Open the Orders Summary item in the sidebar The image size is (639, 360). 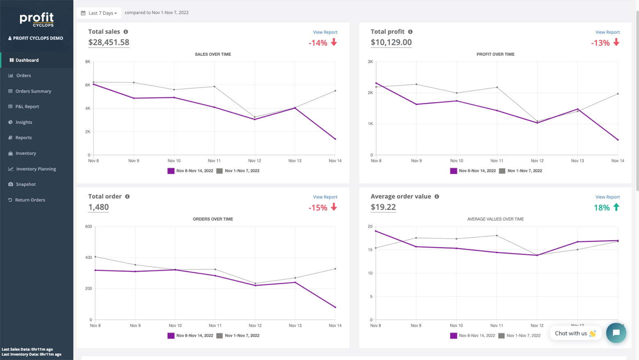[x=33, y=91]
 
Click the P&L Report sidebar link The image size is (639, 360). [x=27, y=107]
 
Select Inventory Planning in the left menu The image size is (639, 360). [x=36, y=169]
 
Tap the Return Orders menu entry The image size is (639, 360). [x=30, y=200]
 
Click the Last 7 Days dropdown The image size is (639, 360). [x=99, y=13]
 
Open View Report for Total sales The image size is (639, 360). [x=325, y=32]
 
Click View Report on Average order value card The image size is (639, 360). [x=607, y=197]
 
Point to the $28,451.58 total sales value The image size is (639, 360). [x=109, y=42]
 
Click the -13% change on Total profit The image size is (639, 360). [x=600, y=43]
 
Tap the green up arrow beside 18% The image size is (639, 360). [x=616, y=207]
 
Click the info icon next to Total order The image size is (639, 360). [x=127, y=197]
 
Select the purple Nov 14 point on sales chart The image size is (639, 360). [x=335, y=139]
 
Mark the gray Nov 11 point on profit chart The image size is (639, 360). [x=497, y=87]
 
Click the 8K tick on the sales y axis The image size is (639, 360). [x=87, y=62]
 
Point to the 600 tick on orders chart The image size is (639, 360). [x=88, y=227]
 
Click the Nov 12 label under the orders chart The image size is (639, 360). [x=255, y=326]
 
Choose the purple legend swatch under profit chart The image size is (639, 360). [x=453, y=171]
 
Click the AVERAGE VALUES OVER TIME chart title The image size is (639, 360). [x=495, y=219]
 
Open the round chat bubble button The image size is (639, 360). [x=616, y=333]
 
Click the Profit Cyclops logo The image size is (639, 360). [x=37, y=19]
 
